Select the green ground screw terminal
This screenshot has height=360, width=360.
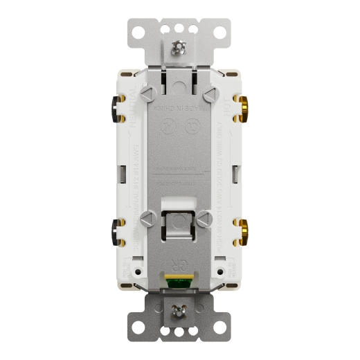(x=179, y=281)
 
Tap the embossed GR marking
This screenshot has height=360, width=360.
(x=179, y=262)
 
